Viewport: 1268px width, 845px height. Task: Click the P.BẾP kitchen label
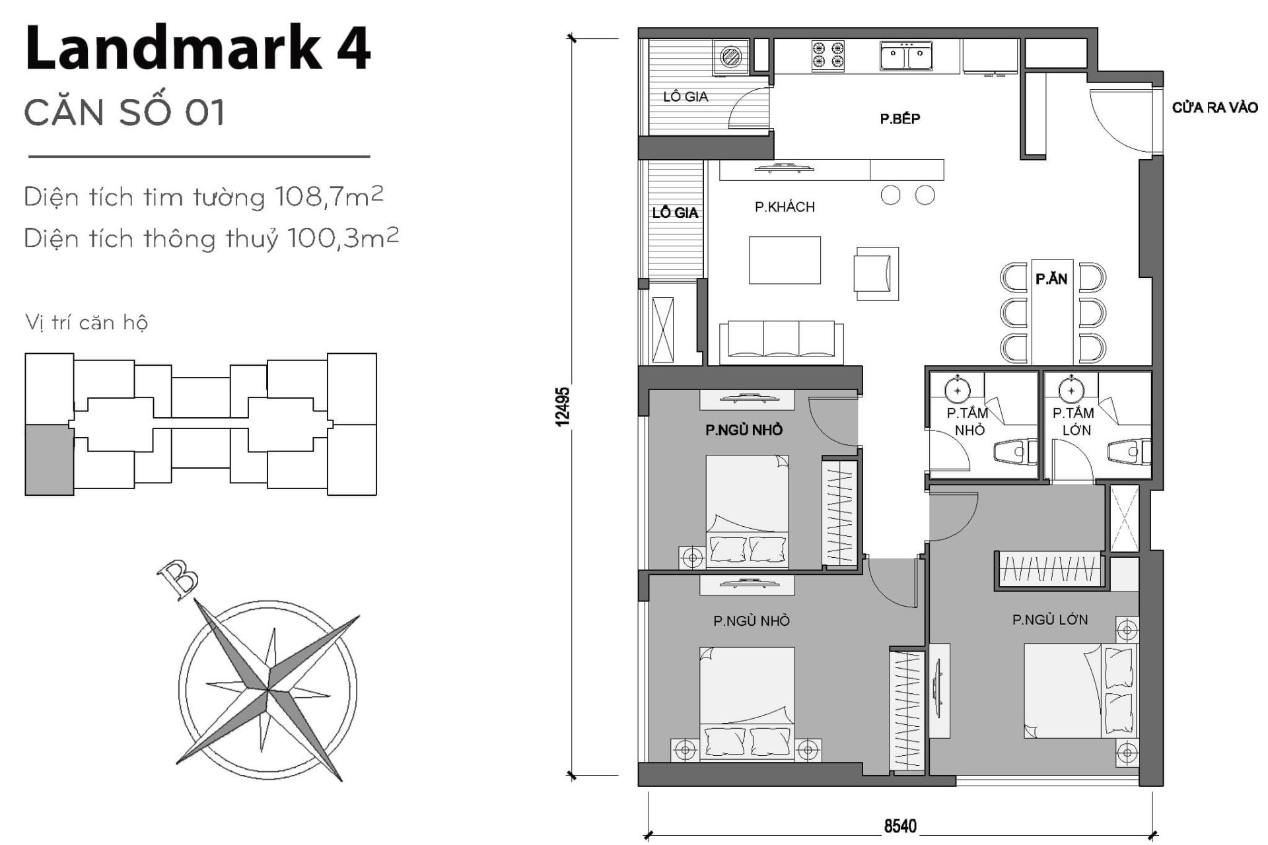[899, 119]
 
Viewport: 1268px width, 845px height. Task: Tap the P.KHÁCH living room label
[785, 207]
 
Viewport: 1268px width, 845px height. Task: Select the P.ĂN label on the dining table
[1051, 279]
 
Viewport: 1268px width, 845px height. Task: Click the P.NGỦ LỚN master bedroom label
[1049, 620]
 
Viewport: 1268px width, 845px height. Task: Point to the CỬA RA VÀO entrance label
[1215, 108]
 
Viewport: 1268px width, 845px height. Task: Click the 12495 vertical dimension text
[562, 407]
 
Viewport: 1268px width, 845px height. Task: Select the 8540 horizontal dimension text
[900, 827]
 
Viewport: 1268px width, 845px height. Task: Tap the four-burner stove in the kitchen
[828, 55]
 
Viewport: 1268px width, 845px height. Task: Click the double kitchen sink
[905, 56]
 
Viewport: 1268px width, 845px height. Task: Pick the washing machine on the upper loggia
[731, 57]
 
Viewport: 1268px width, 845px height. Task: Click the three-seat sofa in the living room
[781, 342]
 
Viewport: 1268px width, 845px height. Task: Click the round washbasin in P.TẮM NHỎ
[956, 391]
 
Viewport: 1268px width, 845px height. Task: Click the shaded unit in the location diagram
[48, 460]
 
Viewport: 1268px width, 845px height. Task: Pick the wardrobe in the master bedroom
[1049, 568]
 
